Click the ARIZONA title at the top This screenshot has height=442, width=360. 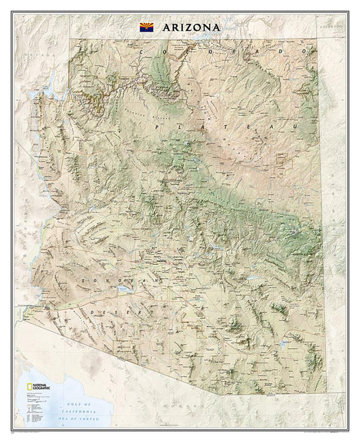(190, 27)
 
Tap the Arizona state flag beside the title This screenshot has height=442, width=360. (146, 27)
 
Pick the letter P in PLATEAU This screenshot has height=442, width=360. (157, 127)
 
